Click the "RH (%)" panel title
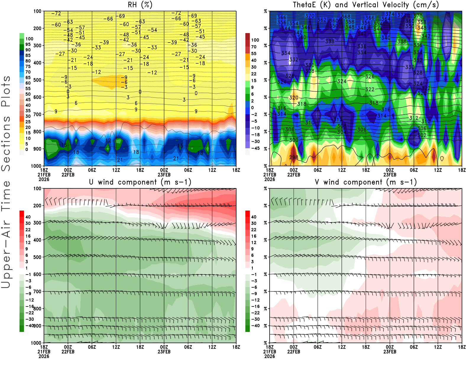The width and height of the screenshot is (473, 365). [x=140, y=5]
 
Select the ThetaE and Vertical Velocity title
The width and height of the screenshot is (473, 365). [x=366, y=5]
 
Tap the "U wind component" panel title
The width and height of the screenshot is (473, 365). [x=140, y=182]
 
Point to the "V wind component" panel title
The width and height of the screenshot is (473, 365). [x=366, y=182]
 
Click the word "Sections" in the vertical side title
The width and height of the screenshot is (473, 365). [x=6, y=144]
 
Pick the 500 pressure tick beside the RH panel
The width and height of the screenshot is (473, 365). [x=37, y=80]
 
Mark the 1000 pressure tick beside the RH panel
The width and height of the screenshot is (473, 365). [x=36, y=166]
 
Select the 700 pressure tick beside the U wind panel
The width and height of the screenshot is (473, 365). [x=37, y=291]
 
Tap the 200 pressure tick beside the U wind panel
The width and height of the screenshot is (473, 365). [x=37, y=206]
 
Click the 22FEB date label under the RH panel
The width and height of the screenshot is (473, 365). [x=68, y=175]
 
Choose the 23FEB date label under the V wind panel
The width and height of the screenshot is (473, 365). [x=390, y=352]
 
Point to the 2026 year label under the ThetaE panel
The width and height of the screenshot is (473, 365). [x=270, y=179]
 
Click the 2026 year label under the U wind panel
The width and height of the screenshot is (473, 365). [x=44, y=356]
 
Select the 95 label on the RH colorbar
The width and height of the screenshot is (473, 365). [x=28, y=44]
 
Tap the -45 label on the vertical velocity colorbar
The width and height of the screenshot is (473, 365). [x=255, y=148]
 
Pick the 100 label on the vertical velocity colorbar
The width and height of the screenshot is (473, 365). [x=255, y=40]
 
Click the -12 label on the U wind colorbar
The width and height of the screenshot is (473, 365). [x=29, y=300]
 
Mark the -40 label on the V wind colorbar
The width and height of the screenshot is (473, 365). [x=255, y=326]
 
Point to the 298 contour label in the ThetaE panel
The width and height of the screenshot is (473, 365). [x=294, y=157]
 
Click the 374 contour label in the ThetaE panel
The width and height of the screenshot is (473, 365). [x=390, y=14]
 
